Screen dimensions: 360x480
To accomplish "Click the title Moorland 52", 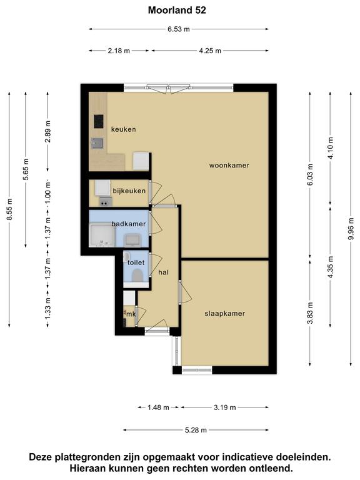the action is click(x=177, y=10).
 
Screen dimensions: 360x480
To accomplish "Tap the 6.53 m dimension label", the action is click(x=179, y=29).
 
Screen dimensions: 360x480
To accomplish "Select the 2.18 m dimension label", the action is click(x=119, y=51).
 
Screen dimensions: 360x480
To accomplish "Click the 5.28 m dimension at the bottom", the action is click(x=196, y=430).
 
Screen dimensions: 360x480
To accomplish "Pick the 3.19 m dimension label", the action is click(x=225, y=407).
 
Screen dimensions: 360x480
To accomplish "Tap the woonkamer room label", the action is click(x=229, y=165).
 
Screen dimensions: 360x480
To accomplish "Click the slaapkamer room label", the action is click(x=225, y=314).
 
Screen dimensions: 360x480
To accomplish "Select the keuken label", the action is click(x=123, y=129).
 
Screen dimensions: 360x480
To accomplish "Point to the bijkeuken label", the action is click(x=129, y=191).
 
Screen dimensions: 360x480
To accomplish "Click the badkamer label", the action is click(x=129, y=224).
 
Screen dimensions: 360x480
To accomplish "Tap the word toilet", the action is click(x=136, y=262).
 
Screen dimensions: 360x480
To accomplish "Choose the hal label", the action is click(x=164, y=272).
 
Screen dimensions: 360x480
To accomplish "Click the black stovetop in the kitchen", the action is click(x=99, y=121).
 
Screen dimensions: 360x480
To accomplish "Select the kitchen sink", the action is click(x=97, y=143).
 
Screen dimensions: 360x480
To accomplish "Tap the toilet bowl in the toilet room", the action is click(x=137, y=275).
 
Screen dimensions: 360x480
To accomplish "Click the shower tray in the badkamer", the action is click(x=102, y=235).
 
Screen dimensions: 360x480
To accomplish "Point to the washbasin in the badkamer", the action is click(x=133, y=240).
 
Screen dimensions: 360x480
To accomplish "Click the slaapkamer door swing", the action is click(x=185, y=292).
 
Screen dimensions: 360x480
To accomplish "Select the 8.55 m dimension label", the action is click(x=9, y=209).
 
